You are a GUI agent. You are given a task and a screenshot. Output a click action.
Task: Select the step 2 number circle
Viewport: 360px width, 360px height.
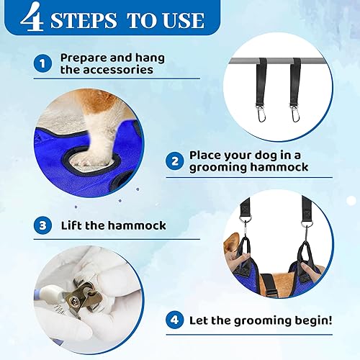click(174, 161)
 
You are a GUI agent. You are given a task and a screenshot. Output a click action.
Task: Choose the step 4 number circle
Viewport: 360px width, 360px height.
click(174, 320)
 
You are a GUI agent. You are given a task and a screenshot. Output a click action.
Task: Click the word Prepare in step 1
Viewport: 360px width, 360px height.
click(85, 57)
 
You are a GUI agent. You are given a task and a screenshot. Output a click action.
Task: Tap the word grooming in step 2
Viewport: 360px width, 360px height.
click(222, 168)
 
